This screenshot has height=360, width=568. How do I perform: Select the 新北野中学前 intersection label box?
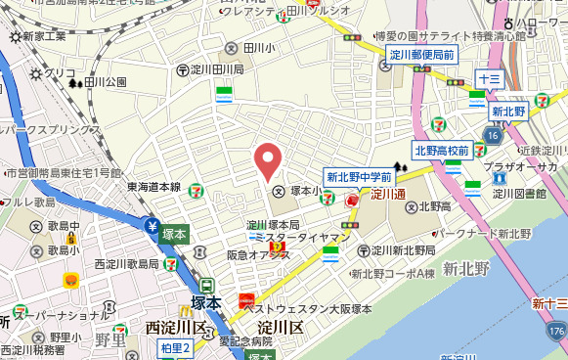pyautogui.click(x=359, y=177)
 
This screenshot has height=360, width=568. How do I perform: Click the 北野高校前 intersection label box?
pyautogui.click(x=443, y=151)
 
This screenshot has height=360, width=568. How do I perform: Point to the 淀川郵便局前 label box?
pyautogui.click(x=420, y=56)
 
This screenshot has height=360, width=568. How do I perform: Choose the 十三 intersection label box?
pyautogui.click(x=489, y=77)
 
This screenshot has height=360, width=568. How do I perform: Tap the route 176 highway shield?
pyautogui.click(x=556, y=334)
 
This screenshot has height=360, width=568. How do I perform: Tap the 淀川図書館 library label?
pyautogui.click(x=517, y=193)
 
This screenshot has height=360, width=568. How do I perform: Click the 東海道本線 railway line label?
pyautogui.click(x=153, y=187)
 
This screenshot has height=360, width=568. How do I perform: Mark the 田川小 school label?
pyautogui.click(x=252, y=47)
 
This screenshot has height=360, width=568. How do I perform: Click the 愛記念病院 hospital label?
pyautogui.click(x=245, y=341)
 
